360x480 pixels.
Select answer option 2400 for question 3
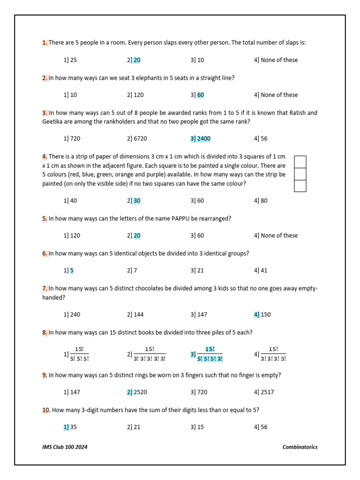pos(200,139)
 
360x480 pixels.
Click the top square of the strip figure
pos(300,162)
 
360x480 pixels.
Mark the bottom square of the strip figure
pos(300,186)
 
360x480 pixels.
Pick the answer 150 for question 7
pos(265,315)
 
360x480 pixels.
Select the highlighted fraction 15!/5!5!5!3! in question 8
pos(210,354)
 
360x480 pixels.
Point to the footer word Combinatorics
pos(300,447)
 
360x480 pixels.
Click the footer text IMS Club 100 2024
pos(65,447)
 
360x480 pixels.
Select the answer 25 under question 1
pos(73,60)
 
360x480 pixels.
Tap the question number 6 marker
pos(45,253)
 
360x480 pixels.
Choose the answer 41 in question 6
pos(263,270)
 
